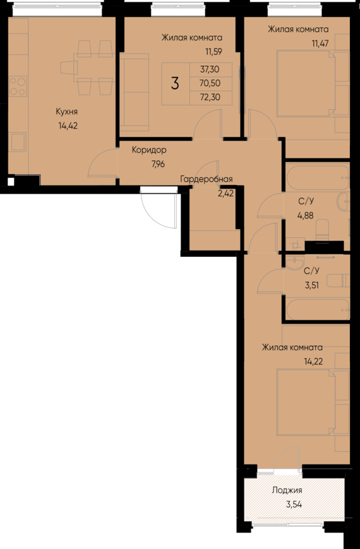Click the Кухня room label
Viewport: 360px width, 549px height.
coord(66,112)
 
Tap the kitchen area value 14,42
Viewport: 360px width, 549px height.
coord(68,126)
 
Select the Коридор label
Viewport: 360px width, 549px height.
coord(149,150)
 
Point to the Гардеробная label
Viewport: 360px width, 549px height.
coord(207,179)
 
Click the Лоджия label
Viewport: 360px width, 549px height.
coord(287,490)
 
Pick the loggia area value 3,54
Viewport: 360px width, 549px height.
coord(294,505)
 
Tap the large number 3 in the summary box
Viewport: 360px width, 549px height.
coord(175,84)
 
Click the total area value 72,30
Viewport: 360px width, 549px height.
coord(210,97)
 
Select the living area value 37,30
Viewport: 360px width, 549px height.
coord(210,69)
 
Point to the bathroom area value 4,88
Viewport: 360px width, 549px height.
coord(306,216)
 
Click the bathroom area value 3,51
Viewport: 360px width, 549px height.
coord(312,285)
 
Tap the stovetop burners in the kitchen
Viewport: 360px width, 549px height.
coord(18,86)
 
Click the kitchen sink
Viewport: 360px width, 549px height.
coord(18,142)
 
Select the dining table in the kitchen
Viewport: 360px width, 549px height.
coord(88,68)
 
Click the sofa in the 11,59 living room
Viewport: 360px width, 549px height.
coord(135,92)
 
